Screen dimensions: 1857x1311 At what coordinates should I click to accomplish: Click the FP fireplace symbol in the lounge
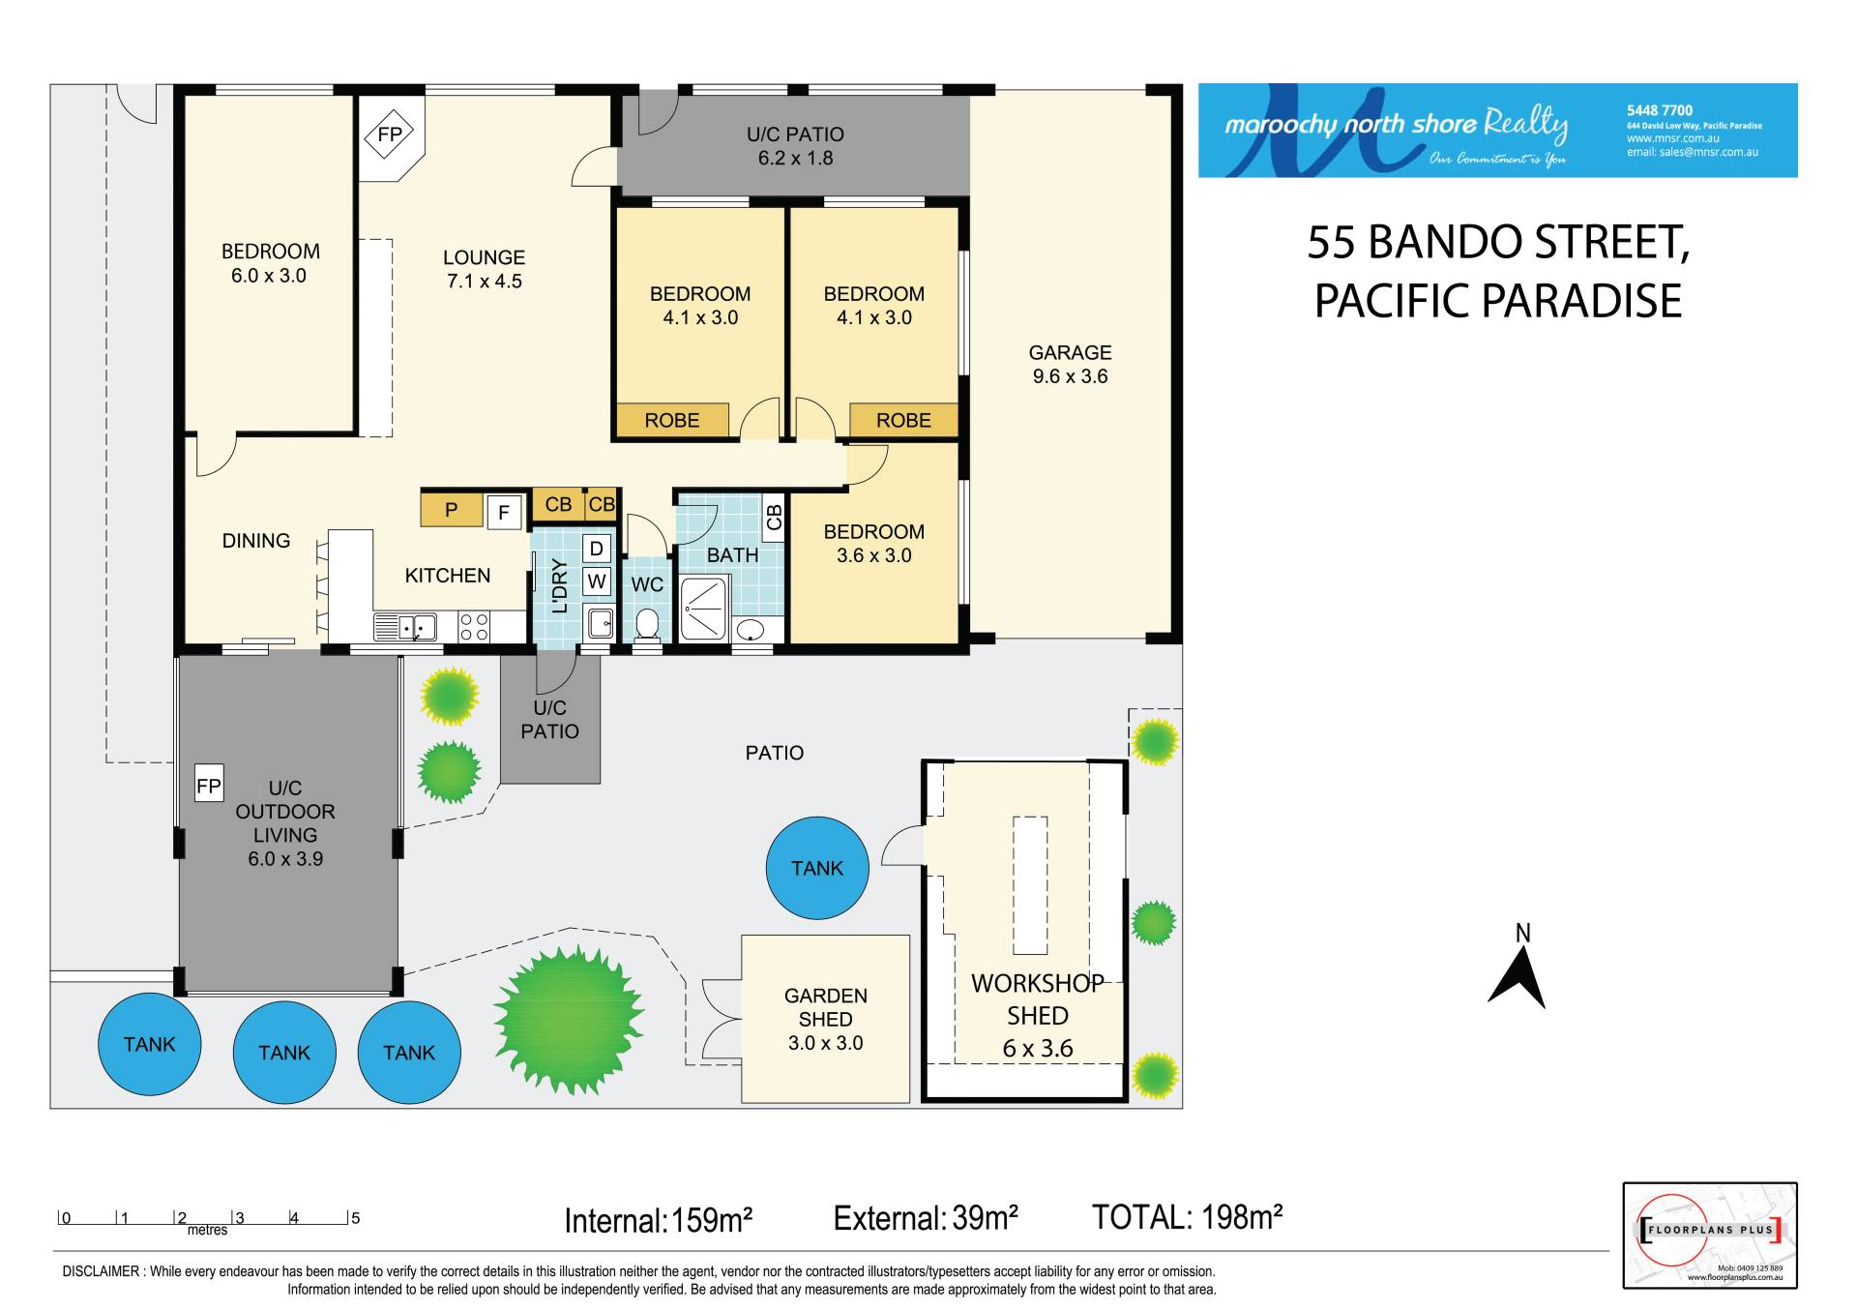tap(389, 134)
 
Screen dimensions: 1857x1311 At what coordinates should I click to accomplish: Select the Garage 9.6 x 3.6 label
tap(1070, 365)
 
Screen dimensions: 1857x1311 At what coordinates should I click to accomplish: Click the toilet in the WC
tap(647, 626)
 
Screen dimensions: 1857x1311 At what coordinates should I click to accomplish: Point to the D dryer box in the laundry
tap(597, 549)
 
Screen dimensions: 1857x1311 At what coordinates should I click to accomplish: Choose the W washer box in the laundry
tap(597, 581)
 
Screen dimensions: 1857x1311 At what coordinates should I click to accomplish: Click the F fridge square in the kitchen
tap(504, 512)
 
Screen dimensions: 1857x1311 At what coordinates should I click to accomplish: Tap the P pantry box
tap(452, 510)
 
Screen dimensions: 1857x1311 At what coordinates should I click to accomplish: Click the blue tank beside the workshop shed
tap(817, 868)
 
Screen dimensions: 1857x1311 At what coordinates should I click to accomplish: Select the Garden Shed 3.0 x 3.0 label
tap(825, 1019)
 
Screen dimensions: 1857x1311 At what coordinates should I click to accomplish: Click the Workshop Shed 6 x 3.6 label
tap(1038, 1015)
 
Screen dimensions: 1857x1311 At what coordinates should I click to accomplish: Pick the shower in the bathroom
tap(703, 609)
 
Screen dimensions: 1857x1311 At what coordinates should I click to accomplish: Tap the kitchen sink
tap(405, 627)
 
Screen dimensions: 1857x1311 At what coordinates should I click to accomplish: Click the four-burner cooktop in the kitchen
tap(474, 627)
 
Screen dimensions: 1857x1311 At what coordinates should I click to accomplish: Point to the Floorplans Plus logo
tap(1709, 1235)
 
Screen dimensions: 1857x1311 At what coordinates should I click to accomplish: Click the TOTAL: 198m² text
tap(1187, 1217)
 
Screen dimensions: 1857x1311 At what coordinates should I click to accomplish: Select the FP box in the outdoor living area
tap(209, 786)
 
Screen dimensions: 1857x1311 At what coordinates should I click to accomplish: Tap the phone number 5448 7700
tap(1660, 110)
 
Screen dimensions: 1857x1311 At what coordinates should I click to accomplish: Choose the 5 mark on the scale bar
tap(355, 1217)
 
